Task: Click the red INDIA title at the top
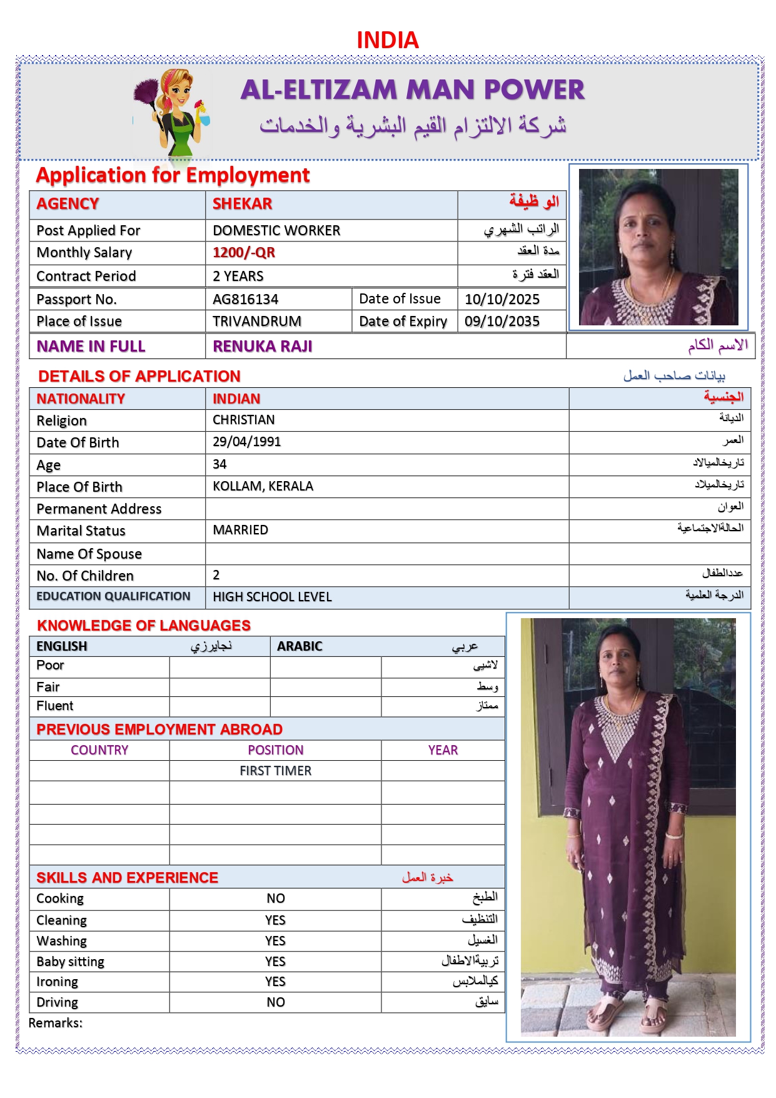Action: point(387,40)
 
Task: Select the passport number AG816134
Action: point(245,299)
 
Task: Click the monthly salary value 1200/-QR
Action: point(243,253)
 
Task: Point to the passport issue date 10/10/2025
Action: point(501,299)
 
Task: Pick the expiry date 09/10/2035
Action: point(501,322)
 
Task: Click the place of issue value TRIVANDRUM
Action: point(256,322)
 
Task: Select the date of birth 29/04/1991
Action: point(246,442)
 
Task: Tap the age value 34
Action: point(219,464)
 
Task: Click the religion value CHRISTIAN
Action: point(243,420)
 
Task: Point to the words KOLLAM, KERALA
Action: point(263,486)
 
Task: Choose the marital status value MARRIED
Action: point(240,530)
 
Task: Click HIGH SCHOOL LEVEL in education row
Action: point(272,597)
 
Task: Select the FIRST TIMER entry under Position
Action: point(275,771)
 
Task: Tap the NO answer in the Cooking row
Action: point(275,898)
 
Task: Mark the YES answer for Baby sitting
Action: point(275,962)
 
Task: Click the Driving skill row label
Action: point(58,1002)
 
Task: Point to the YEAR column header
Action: point(443,750)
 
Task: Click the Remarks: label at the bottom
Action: point(56,1023)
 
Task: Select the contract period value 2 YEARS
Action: point(238,276)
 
